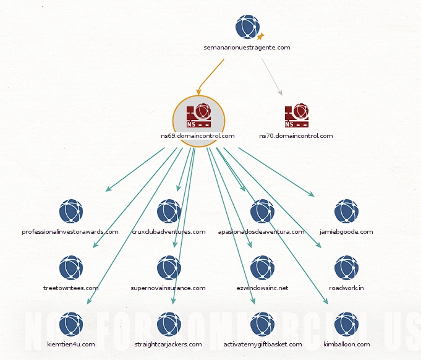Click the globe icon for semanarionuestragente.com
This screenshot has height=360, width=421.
(247, 27)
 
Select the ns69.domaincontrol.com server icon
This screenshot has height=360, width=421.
(198, 114)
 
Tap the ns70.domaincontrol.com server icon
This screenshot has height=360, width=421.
(296, 114)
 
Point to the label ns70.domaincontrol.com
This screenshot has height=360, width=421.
(296, 136)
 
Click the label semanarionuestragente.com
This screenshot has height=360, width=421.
(247, 47)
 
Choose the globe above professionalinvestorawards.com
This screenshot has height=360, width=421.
(71, 212)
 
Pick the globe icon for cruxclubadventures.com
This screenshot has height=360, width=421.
(169, 212)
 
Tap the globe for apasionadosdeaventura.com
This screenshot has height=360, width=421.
(262, 212)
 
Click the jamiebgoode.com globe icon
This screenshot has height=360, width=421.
(346, 212)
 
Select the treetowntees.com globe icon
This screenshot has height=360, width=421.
(71, 268)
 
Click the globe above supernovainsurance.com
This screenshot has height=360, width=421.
(169, 268)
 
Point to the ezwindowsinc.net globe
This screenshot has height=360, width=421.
(262, 268)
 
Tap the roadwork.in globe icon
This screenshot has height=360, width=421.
(346, 268)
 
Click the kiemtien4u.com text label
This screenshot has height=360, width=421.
(71, 344)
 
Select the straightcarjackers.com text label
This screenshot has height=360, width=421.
(168, 344)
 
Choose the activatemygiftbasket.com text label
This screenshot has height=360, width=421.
(262, 344)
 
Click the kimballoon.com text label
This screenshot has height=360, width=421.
(346, 344)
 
